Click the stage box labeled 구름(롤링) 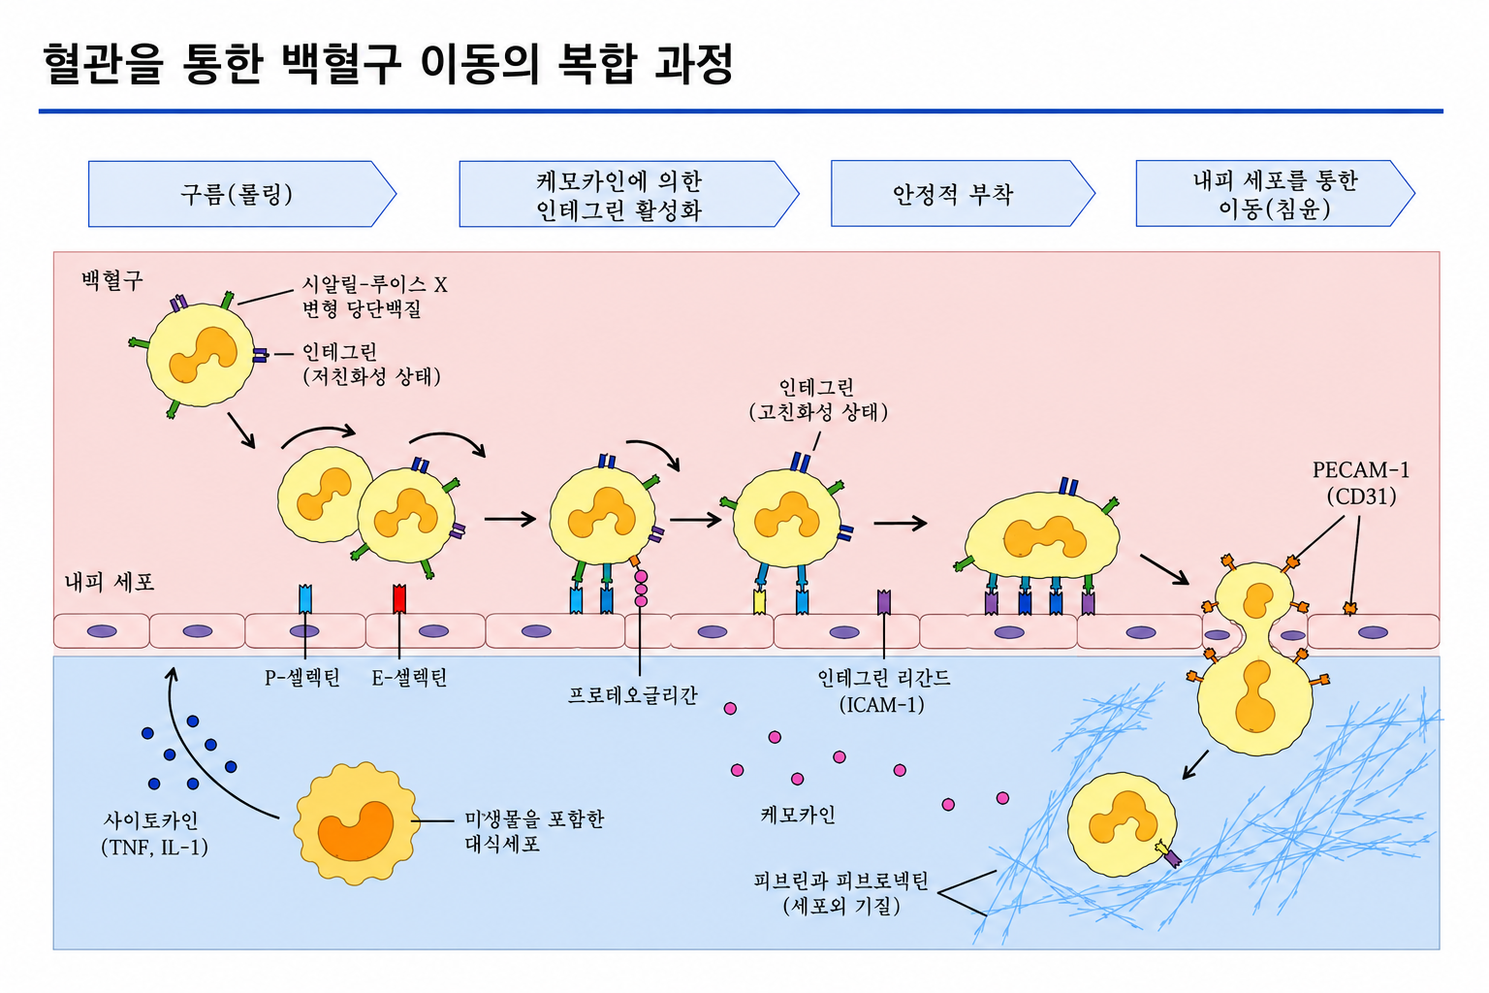pyautogui.click(x=242, y=194)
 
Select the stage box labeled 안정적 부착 pyautogui.click(x=963, y=194)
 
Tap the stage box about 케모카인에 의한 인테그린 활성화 pyautogui.click(x=628, y=194)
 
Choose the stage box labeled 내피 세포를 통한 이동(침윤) pyautogui.click(x=1275, y=194)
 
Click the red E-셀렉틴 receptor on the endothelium pyautogui.click(x=398, y=598)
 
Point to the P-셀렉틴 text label pyautogui.click(x=302, y=678)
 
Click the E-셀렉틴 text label pyautogui.click(x=409, y=678)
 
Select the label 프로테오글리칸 pyautogui.click(x=633, y=695)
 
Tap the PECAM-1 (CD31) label pyautogui.click(x=1361, y=484)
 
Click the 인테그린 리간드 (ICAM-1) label pyautogui.click(x=883, y=691)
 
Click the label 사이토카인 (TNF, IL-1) pyautogui.click(x=154, y=834)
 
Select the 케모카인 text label pyautogui.click(x=798, y=815)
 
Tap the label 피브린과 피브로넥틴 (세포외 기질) pyautogui.click(x=840, y=893)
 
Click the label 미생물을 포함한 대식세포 pyautogui.click(x=534, y=831)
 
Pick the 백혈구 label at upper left pyautogui.click(x=111, y=280)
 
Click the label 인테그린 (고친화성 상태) pyautogui.click(x=818, y=400)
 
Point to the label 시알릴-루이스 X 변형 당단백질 pyautogui.click(x=375, y=296)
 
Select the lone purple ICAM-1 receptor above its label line pyautogui.click(x=883, y=602)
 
